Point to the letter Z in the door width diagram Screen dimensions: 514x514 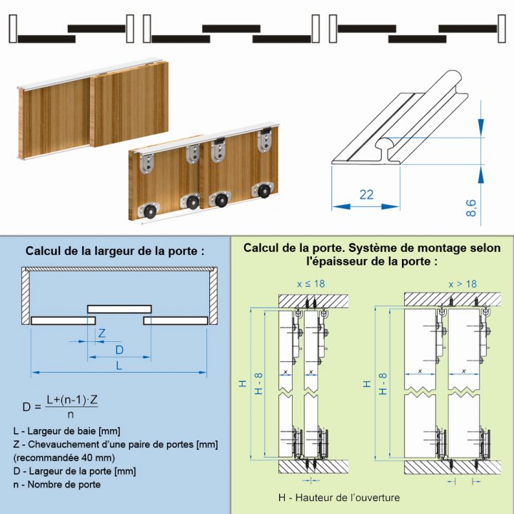coord(102,333)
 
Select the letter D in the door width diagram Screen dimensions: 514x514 coord(119,349)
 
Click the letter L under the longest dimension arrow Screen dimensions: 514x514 coord(119,365)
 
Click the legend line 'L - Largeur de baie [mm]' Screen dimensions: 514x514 coord(66,430)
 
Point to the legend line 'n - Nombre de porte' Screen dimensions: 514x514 coord(57,484)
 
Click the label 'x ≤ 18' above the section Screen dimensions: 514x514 coord(311,283)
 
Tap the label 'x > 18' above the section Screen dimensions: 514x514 coord(463,283)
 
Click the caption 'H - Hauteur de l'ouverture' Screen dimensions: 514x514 coord(339,498)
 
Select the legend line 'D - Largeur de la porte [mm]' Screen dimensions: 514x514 coord(74,470)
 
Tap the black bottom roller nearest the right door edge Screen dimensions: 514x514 coord(266,191)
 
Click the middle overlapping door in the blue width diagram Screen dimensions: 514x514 coord(119,308)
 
